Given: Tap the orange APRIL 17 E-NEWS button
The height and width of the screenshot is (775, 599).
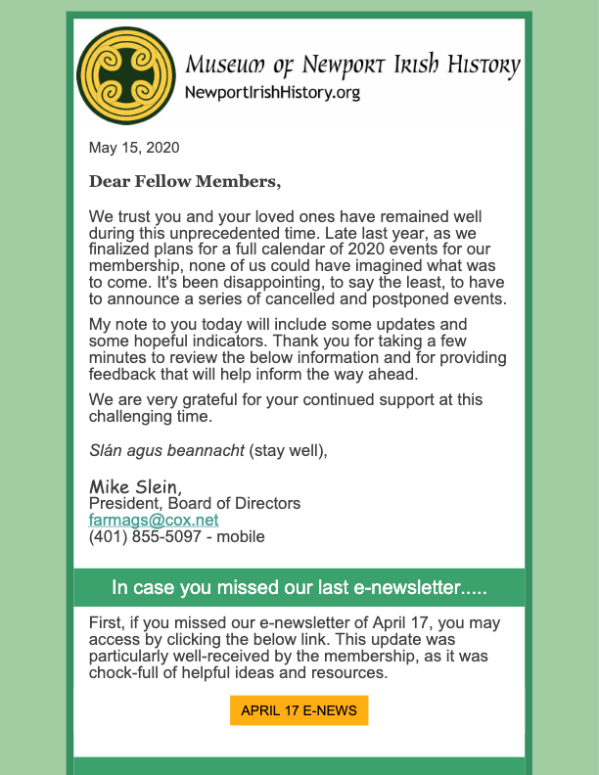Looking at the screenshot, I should coord(299,710).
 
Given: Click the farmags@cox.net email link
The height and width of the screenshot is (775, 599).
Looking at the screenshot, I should coord(154,520).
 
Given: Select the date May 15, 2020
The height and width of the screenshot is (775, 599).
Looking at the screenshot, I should coord(134,148).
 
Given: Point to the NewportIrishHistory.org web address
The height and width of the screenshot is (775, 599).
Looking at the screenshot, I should coord(272,93).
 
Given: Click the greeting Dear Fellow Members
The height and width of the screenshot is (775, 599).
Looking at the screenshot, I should coord(184,181).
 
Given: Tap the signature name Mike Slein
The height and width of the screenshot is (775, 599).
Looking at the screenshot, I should coord(135,486).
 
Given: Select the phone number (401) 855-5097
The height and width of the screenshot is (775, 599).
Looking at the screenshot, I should coord(148,536).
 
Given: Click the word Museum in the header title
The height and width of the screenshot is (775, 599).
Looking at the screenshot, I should coord(225,67).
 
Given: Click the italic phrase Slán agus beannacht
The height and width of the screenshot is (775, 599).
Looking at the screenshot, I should coord(166,450).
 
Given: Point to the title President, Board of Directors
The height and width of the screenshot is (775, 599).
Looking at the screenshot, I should coord(195,503).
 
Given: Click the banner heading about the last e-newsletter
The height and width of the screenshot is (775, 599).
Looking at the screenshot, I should coord(299,588).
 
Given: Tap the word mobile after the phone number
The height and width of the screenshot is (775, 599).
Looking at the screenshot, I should coord(242,536).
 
